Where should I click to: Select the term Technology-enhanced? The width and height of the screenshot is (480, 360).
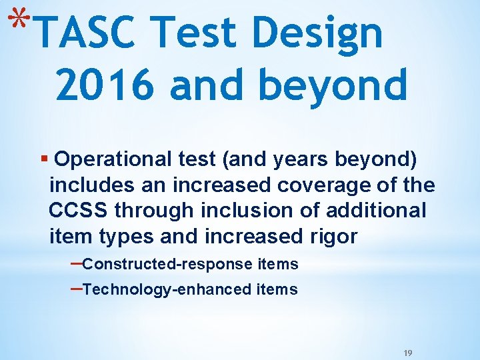coord(167,289)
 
